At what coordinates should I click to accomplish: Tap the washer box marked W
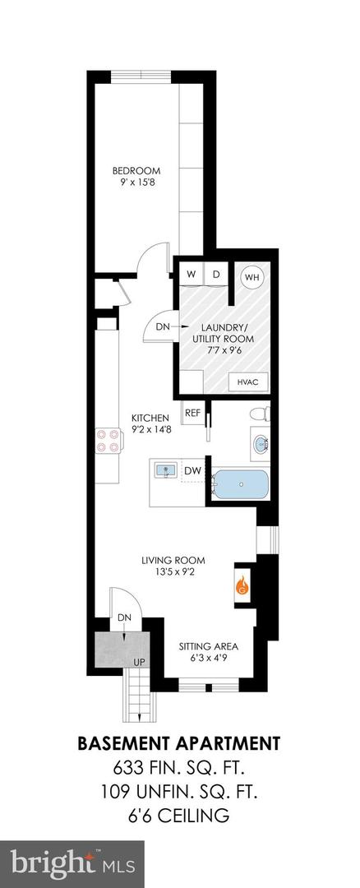pos(191,275)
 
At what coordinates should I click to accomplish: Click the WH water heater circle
pos(251,277)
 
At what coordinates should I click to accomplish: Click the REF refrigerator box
pos(193,413)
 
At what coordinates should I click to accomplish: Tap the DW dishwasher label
pos(193,470)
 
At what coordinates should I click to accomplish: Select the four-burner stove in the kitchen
pos(106,442)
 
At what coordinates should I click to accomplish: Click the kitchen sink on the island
pos(166,471)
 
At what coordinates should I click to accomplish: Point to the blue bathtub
pos(240,485)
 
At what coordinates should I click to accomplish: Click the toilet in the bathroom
pos(258,414)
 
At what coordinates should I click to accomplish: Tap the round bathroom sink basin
pos(261,446)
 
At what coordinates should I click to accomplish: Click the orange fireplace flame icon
pos(242,586)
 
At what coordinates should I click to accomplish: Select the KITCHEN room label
pos(150,417)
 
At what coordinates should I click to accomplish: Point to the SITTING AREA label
pos(209,645)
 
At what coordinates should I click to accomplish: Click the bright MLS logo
pos(72,864)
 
